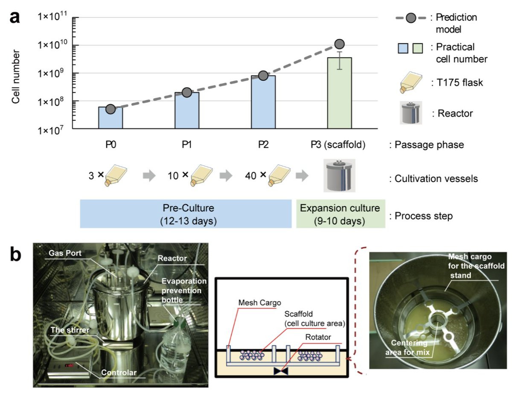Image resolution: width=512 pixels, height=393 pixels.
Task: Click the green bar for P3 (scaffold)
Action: point(340,93)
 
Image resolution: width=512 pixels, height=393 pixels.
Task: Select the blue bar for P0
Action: point(111,117)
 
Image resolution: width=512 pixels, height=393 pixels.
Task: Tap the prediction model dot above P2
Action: point(263,76)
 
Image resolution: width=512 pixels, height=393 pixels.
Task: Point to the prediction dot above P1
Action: point(187,92)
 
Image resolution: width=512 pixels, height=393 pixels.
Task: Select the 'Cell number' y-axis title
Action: point(15,76)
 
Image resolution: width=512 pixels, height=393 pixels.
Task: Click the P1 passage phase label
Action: point(187,144)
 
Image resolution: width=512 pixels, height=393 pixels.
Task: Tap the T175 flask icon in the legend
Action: point(411,82)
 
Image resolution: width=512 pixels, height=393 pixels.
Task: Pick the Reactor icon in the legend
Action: point(411,113)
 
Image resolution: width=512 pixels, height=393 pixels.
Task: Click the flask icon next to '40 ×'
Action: point(279,175)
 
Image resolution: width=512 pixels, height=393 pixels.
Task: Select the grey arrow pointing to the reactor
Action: point(303,175)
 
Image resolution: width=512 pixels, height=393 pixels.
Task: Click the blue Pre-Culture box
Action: point(186,214)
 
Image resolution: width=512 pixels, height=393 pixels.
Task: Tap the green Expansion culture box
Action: point(341,214)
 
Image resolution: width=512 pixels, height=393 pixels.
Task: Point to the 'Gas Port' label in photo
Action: point(65,253)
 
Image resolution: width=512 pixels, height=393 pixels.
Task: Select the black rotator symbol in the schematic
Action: point(281,371)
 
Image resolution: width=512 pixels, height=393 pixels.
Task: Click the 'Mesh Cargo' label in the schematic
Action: point(260,302)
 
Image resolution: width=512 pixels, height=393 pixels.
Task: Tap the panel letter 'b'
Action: point(16,255)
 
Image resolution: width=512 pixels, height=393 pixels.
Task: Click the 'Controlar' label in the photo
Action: point(119,372)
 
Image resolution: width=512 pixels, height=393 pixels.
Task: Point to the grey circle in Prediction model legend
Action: point(411,18)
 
